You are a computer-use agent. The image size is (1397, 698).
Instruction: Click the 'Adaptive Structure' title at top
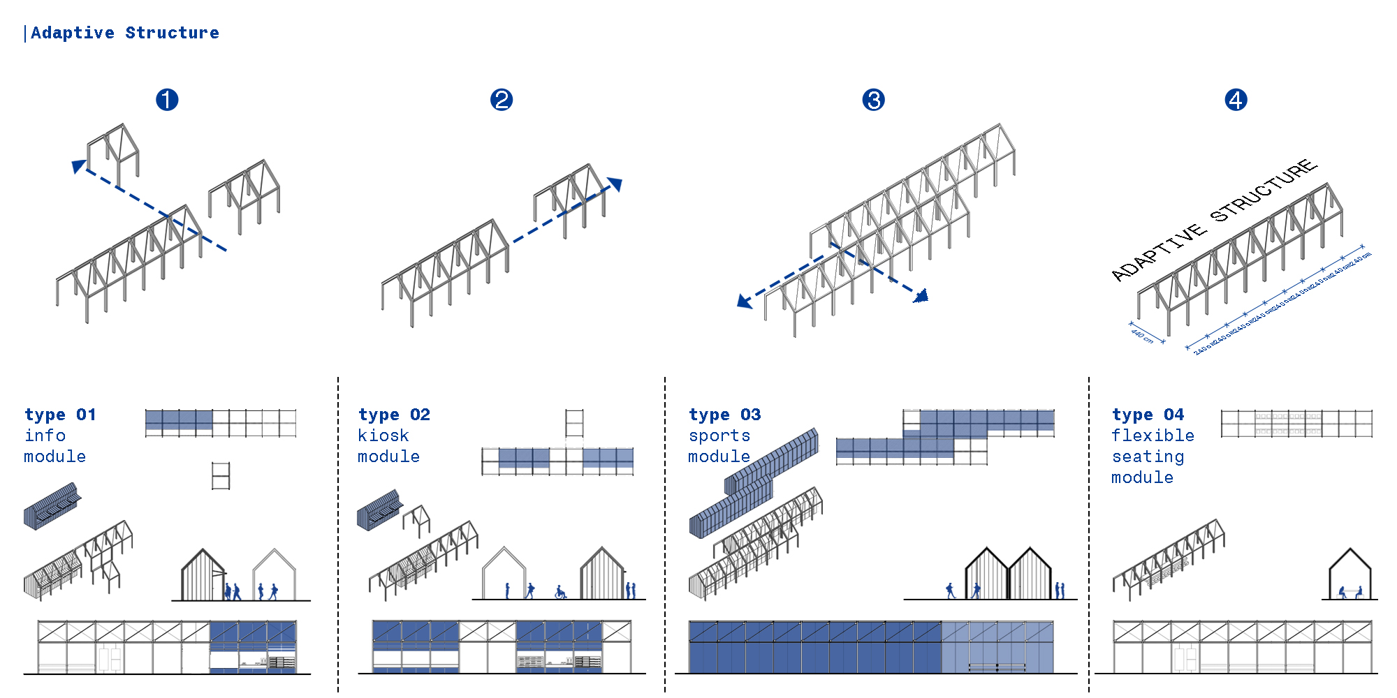click(x=124, y=33)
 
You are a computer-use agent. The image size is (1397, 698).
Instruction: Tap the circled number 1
click(x=167, y=100)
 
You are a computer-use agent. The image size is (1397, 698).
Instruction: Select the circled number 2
click(x=502, y=100)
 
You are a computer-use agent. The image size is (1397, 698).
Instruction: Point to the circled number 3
click(x=873, y=100)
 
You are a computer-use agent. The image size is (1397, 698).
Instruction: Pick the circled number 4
click(x=1236, y=100)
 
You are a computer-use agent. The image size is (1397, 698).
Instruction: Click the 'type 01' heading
click(x=60, y=415)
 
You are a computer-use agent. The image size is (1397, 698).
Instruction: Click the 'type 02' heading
click(x=394, y=415)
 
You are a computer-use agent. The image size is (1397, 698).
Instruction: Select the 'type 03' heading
click(x=724, y=415)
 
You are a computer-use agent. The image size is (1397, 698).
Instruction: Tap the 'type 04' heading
click(x=1148, y=415)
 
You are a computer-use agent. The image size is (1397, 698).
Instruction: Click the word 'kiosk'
click(x=383, y=436)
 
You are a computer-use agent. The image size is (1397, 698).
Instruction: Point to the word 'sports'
click(x=719, y=436)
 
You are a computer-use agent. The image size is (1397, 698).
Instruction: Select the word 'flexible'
click(x=1153, y=436)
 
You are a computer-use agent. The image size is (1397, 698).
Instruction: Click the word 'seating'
click(x=1148, y=456)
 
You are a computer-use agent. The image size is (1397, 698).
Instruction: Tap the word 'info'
click(x=45, y=436)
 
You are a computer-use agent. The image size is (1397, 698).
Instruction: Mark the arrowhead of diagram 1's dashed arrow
click(x=79, y=166)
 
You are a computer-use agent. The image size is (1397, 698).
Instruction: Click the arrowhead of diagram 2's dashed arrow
click(x=615, y=184)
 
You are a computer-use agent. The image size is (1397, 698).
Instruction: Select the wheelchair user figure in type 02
click(x=560, y=593)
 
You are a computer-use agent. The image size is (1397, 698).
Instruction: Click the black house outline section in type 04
click(x=1350, y=574)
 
